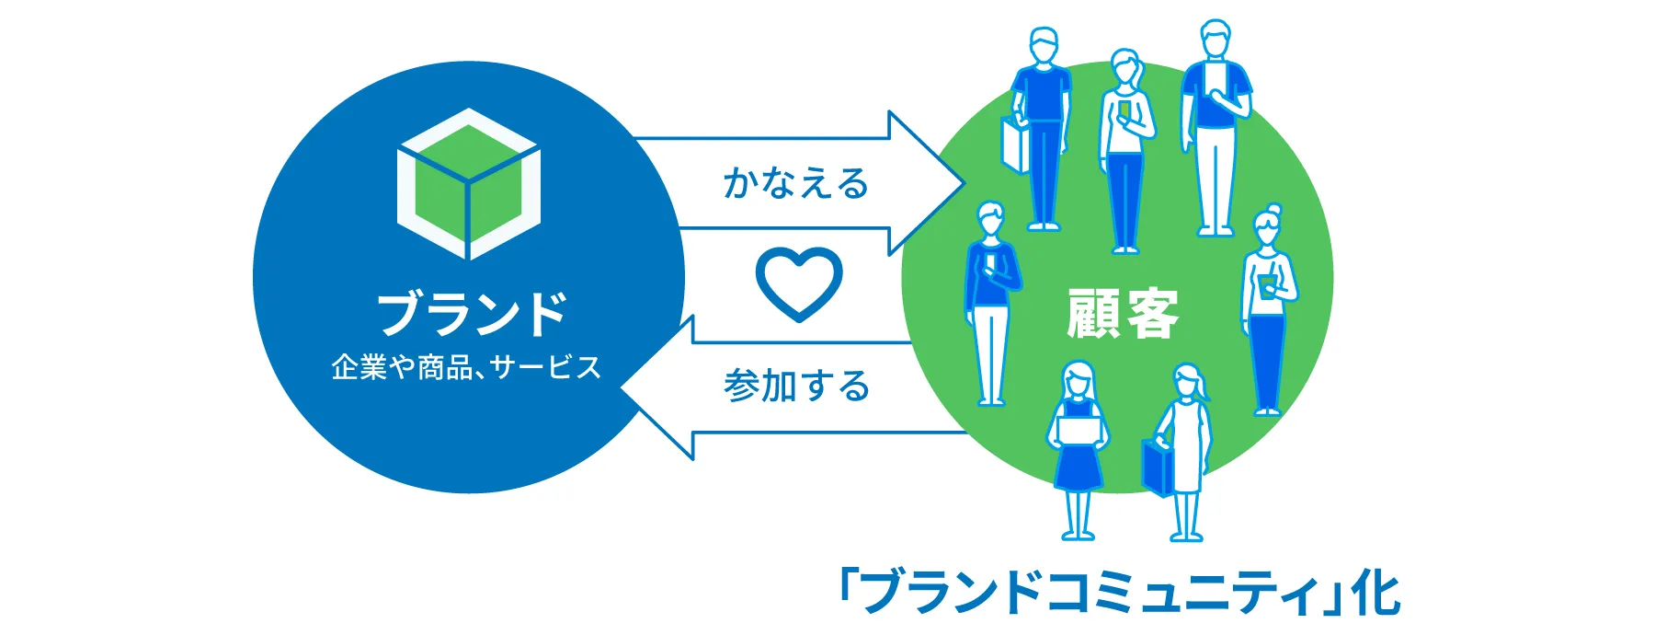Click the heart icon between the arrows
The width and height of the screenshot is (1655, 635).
(798, 283)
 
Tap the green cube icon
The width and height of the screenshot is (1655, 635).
(469, 184)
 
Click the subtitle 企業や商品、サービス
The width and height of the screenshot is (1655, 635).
(466, 368)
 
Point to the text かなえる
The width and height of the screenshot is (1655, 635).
(796, 183)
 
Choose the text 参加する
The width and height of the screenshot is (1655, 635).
(796, 386)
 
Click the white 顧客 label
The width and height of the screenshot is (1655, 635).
(1123, 314)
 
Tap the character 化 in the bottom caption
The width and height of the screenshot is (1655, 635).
(1376, 593)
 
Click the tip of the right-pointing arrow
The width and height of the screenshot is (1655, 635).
(964, 184)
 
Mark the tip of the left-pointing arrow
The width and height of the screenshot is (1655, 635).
(622, 387)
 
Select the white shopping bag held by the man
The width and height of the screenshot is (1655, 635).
(1016, 144)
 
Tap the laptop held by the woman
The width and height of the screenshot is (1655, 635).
(1079, 430)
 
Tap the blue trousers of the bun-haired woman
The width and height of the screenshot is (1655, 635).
(1267, 363)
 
